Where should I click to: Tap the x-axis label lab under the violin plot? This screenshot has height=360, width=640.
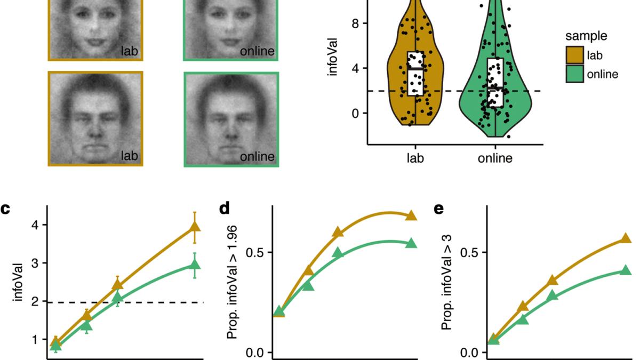[414, 158]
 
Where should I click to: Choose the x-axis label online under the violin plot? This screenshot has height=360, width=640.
[495, 158]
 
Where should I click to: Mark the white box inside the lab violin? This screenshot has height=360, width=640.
[414, 73]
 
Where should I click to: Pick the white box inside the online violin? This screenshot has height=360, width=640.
[495, 83]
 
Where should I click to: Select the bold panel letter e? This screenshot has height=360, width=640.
[440, 209]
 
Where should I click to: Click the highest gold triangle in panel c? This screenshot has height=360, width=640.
[195, 228]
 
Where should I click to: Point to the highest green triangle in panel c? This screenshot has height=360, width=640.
[195, 264]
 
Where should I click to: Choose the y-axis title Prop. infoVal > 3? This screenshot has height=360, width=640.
[448, 293]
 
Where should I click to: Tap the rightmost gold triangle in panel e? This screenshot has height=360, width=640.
[626, 238]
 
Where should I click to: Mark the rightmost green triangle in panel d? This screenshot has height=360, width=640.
[411, 243]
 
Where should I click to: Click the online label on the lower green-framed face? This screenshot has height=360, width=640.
[258, 157]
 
